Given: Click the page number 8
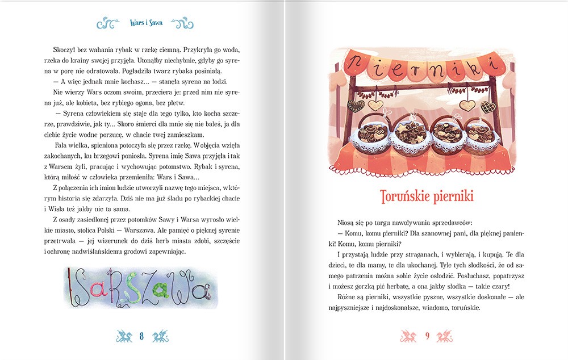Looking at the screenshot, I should click(141, 337).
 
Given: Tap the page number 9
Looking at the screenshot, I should click(427, 337).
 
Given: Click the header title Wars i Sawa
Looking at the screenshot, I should click(146, 24).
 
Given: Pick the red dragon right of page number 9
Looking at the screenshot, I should click(445, 337).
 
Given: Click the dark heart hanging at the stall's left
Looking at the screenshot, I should click(356, 106).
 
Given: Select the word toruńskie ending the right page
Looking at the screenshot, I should click(463, 308).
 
